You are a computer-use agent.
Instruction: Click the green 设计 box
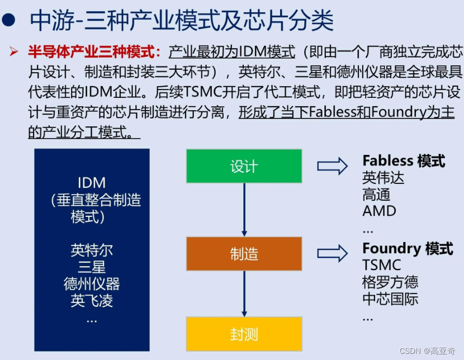244,166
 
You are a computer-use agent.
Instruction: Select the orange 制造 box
244,254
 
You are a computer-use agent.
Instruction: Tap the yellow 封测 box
244,334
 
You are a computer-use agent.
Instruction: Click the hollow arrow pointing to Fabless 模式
332,166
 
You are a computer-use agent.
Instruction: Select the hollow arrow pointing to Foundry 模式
332,254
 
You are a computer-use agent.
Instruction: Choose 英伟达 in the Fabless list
383,178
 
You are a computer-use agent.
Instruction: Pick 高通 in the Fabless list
376,195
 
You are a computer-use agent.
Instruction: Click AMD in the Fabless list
379,211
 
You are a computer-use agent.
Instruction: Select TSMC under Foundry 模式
381,265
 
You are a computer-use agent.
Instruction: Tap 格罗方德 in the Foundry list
390,282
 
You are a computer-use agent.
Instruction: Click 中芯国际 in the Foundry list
390,299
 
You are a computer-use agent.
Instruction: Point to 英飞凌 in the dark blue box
92,301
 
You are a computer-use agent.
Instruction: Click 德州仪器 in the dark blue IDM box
92,283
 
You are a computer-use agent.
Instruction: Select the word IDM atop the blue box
92,183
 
